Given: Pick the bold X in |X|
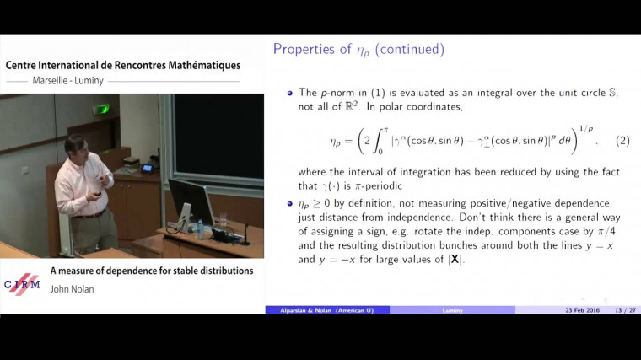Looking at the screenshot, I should coord(455,260).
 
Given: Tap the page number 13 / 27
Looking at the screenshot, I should coord(625,310).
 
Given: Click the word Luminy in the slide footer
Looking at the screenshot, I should coord(452,310).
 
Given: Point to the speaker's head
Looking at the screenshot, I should coord(76,144).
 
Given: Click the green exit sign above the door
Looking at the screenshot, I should coord(101,109).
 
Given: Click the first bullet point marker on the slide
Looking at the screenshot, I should coord(289,93).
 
